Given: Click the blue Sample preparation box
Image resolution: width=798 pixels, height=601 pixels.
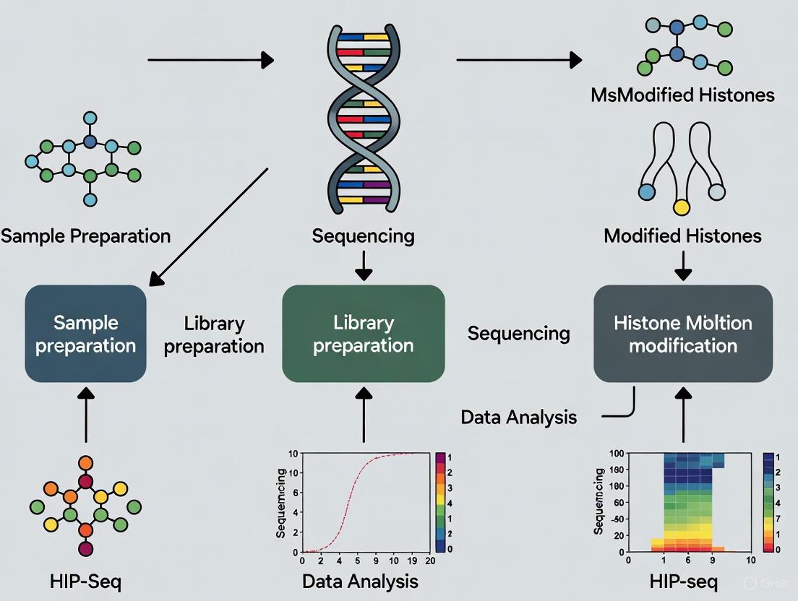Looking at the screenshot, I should (x=85, y=333).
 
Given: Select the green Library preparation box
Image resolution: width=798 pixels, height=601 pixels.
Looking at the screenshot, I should (x=363, y=333).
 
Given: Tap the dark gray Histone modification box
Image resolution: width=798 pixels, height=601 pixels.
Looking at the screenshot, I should (x=682, y=333).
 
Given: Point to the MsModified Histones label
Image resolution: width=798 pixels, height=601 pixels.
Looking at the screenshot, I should (x=682, y=95).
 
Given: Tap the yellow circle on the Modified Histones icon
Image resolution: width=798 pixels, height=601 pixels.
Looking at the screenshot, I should (x=679, y=208).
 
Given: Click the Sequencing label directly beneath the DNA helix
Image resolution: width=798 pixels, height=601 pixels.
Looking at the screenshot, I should (x=363, y=235).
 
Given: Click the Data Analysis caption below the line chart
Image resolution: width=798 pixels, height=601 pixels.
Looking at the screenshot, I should (x=359, y=581).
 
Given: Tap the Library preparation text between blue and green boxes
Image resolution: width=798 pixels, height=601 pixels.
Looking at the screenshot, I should (x=213, y=334).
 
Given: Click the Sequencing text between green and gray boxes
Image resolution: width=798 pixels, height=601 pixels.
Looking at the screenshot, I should (x=518, y=333).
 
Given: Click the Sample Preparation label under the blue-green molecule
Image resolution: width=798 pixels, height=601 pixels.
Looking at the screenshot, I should (x=85, y=235).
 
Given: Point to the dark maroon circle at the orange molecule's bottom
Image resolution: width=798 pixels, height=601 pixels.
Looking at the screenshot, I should (x=85, y=548).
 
